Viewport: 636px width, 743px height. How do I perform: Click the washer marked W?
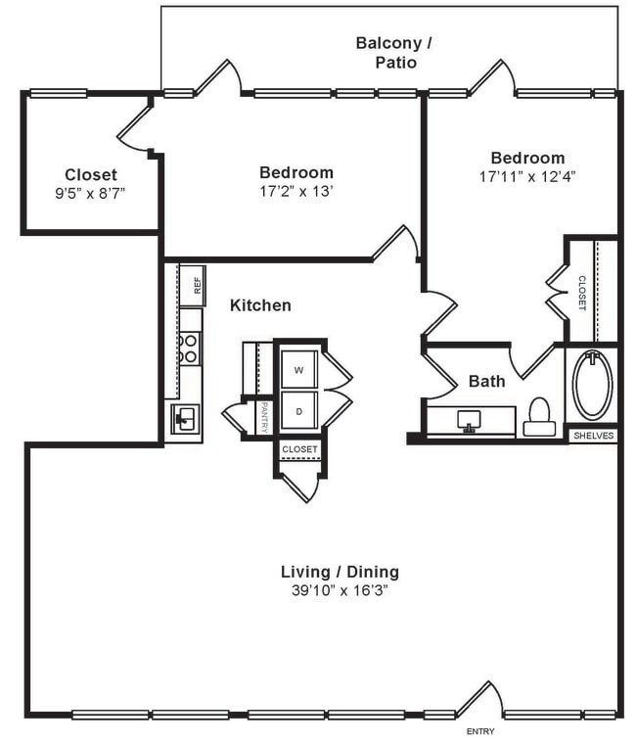pos(298,370)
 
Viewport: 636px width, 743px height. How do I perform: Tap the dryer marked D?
pos(298,412)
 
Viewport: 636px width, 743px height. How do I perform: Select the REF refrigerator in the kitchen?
pos(194,285)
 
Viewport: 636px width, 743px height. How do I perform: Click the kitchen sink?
pos(185,420)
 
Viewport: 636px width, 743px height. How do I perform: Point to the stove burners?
pos(190,348)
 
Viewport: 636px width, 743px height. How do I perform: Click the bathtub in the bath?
pos(592,385)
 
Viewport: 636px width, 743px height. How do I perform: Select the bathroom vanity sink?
pos(471,421)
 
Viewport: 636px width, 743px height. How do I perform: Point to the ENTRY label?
pos(479,731)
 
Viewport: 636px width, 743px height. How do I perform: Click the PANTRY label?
pos(264,417)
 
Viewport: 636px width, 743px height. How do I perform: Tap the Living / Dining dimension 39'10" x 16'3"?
pos(340,590)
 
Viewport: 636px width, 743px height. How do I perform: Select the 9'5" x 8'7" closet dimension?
pos(90,193)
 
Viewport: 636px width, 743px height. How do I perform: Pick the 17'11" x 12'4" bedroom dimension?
pos(527,177)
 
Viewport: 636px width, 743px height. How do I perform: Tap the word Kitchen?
pos(260,305)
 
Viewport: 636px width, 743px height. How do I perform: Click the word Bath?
pos(486,381)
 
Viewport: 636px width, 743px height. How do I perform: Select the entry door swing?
pos(478,698)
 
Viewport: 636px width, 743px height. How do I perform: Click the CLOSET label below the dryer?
pos(299,449)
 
